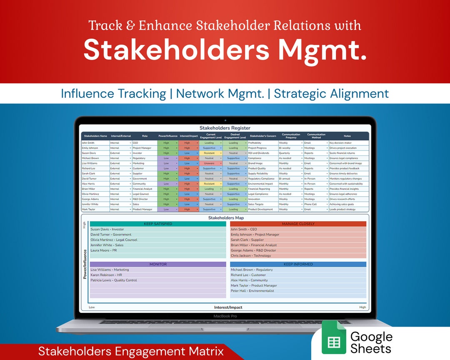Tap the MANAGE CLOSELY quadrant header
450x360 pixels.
pyautogui.click(x=298, y=224)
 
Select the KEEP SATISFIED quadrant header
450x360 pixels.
pyautogui.click(x=158, y=224)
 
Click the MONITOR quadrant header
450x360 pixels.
pyautogui.click(x=158, y=264)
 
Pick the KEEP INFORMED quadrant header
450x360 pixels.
pyautogui.click(x=298, y=264)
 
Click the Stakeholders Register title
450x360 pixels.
pyautogui.click(x=225, y=128)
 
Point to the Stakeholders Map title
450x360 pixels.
pyautogui.click(x=225, y=217)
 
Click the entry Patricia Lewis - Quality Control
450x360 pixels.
pyautogui.click(x=114, y=280)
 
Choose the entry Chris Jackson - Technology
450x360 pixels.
pyautogui.click(x=251, y=255)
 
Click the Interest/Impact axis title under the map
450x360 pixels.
pyautogui.click(x=228, y=307)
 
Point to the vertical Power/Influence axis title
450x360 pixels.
pyautogui.click(x=85, y=264)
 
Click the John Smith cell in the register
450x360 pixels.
pyautogui.click(x=88, y=143)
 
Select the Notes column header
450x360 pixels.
pyautogui.click(x=347, y=136)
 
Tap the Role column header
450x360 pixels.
pyautogui.click(x=145, y=136)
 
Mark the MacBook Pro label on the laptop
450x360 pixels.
pyautogui.click(x=225, y=316)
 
